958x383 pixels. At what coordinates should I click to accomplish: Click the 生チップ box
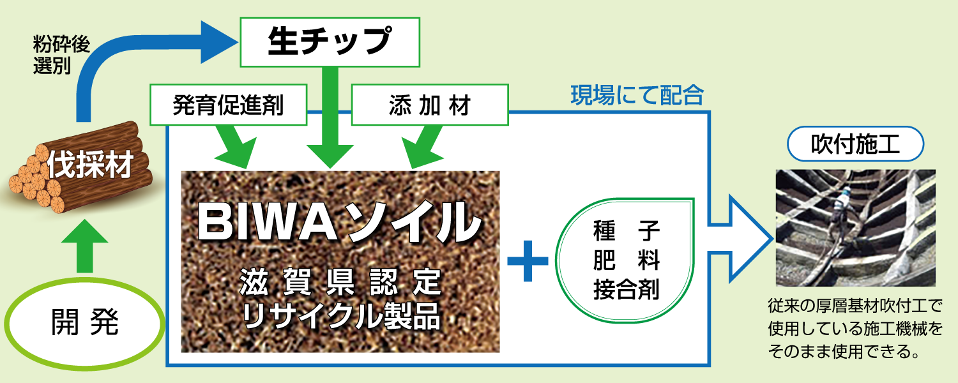click(x=330, y=41)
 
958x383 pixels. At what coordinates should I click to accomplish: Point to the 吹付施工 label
click(x=855, y=145)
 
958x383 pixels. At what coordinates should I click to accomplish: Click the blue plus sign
click(x=528, y=261)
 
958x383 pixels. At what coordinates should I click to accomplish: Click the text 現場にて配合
click(x=636, y=96)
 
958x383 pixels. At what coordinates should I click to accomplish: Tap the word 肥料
click(x=626, y=261)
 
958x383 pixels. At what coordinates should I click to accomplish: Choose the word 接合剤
click(x=626, y=290)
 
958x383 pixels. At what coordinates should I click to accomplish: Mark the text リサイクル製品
click(x=342, y=317)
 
